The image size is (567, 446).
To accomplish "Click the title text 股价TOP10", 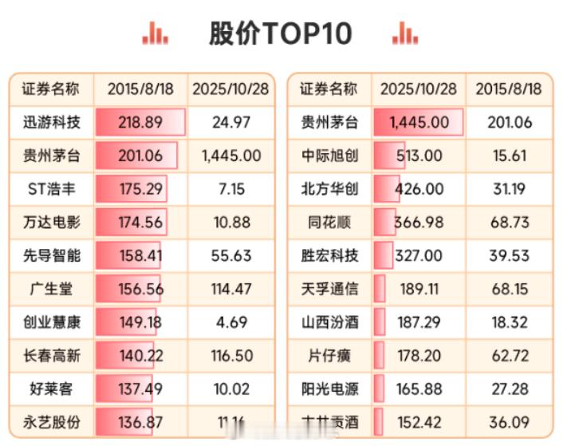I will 280,33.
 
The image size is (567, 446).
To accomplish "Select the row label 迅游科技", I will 52,122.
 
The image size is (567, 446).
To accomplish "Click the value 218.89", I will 140,122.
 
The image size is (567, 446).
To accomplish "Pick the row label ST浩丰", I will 52,189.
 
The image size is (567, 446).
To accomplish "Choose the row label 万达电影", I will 52,223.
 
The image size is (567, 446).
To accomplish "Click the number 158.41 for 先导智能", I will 140,256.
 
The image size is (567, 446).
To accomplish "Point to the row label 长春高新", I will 52,357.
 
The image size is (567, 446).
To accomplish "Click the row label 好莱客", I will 52,390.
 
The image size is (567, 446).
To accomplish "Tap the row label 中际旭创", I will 329,156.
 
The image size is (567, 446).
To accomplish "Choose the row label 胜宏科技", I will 329,256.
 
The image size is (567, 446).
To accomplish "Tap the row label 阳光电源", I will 329,390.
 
